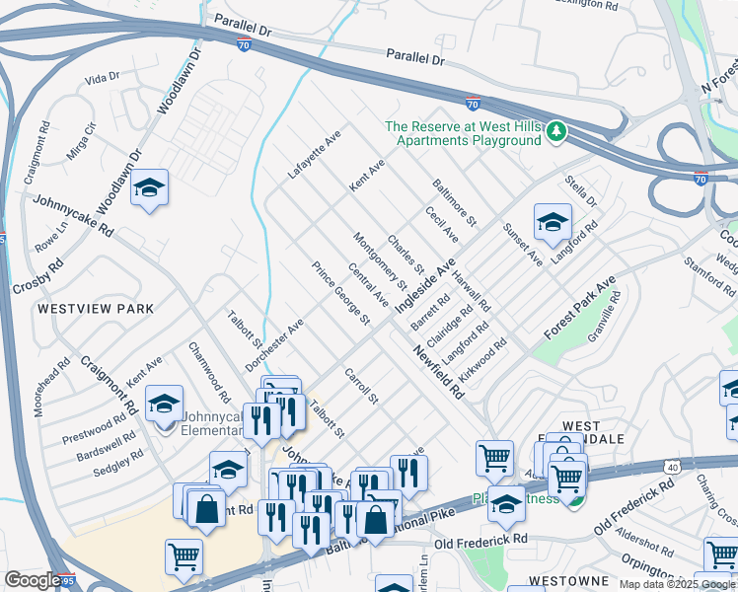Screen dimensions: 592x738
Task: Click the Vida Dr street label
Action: pyautogui.click(x=102, y=77)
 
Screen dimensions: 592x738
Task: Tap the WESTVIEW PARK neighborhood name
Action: pyautogui.click(x=96, y=309)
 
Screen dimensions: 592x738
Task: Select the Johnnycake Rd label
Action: pyautogui.click(x=74, y=214)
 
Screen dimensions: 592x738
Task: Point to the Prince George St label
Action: pyautogui.click(x=340, y=294)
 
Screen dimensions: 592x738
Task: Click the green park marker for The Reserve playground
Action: pyautogui.click(x=557, y=131)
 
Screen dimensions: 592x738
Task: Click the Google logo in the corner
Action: pyautogui.click(x=32, y=580)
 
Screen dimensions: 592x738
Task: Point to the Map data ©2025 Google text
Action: pyautogui.click(x=678, y=584)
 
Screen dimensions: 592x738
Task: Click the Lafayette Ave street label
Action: pyautogui.click(x=314, y=153)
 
